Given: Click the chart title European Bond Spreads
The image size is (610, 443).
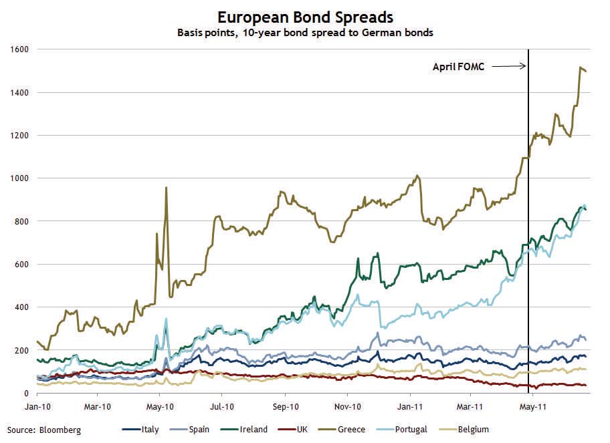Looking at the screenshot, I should [304, 16].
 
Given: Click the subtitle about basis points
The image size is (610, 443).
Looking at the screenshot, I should [305, 32].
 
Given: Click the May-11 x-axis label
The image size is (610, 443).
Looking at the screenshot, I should [532, 406].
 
